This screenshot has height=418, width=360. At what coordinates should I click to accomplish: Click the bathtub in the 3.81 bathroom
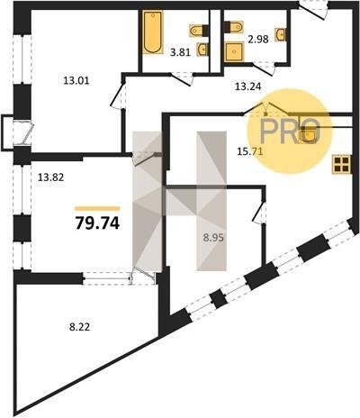click(153, 32)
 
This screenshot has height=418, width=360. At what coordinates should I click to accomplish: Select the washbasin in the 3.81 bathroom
click(202, 50)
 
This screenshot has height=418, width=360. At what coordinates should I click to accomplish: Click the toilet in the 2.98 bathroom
click(233, 26)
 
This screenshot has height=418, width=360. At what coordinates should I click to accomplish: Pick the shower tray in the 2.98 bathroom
click(234, 51)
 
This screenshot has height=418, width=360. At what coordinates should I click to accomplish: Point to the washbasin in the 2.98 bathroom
click(280, 34)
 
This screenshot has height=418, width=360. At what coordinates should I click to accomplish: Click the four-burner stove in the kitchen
click(341, 164)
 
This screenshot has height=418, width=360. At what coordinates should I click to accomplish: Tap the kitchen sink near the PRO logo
click(309, 134)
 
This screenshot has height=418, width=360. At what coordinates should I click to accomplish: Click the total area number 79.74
click(97, 223)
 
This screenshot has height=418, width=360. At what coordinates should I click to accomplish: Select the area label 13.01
click(76, 80)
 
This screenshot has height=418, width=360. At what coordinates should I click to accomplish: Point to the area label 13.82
click(50, 177)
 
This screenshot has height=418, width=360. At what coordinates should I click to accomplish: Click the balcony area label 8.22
click(79, 327)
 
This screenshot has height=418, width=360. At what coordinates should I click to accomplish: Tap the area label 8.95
click(213, 238)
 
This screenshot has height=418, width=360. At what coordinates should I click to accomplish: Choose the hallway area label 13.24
click(247, 86)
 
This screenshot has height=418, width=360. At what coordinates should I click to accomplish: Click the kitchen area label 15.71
click(250, 151)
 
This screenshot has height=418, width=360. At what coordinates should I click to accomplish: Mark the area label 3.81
click(180, 52)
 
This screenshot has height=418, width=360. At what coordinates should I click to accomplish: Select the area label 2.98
click(258, 39)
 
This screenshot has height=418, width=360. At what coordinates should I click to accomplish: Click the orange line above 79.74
click(97, 209)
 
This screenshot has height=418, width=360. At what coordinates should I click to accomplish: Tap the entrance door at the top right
click(312, 11)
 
